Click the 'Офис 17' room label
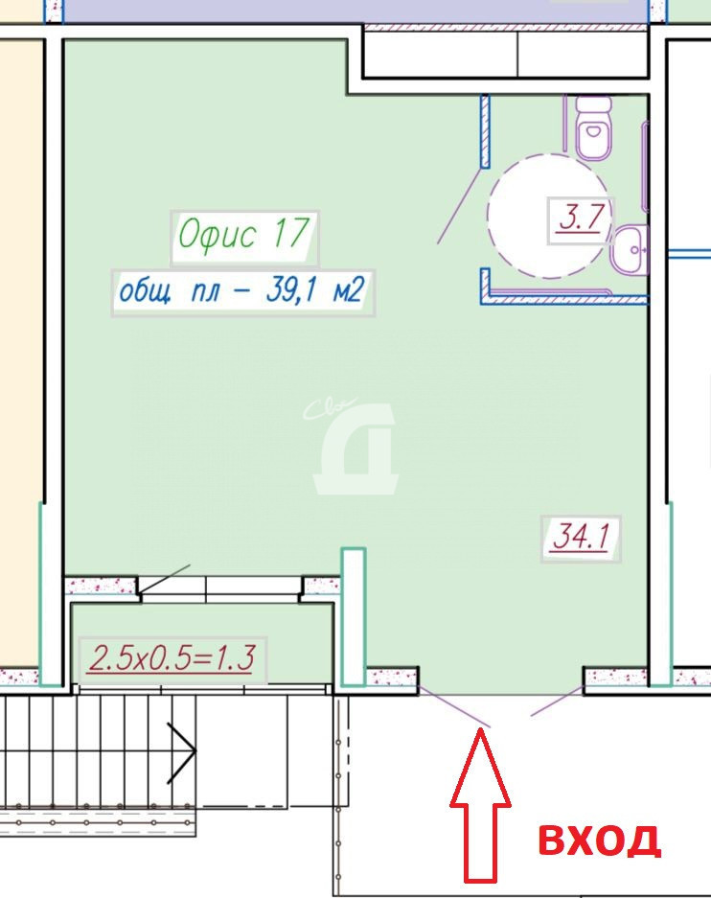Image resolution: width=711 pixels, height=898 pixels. pyautogui.click(x=244, y=234)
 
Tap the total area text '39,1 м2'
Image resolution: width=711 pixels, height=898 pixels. pyautogui.click(x=315, y=289)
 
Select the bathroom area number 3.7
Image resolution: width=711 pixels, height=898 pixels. pyautogui.click(x=581, y=219)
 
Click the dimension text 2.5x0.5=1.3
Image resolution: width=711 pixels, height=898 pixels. pyautogui.click(x=172, y=657)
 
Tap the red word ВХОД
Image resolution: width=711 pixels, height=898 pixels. pyautogui.click(x=600, y=840)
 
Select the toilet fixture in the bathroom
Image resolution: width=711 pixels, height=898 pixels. pyautogui.click(x=594, y=127)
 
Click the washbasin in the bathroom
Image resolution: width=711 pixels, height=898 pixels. pyautogui.click(x=630, y=250)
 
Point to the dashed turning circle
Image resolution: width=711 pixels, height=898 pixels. pyautogui.click(x=488, y=215)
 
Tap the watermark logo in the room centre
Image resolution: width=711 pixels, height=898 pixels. pyautogui.click(x=354, y=447)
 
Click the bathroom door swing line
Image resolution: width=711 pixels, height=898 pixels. pyautogui.click(x=460, y=205)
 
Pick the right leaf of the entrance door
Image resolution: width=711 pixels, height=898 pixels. pyautogui.click(x=557, y=701)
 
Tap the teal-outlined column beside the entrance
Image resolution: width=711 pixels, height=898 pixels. pyautogui.click(x=354, y=617)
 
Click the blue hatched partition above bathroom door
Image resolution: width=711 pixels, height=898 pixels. pyautogui.click(x=486, y=131)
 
